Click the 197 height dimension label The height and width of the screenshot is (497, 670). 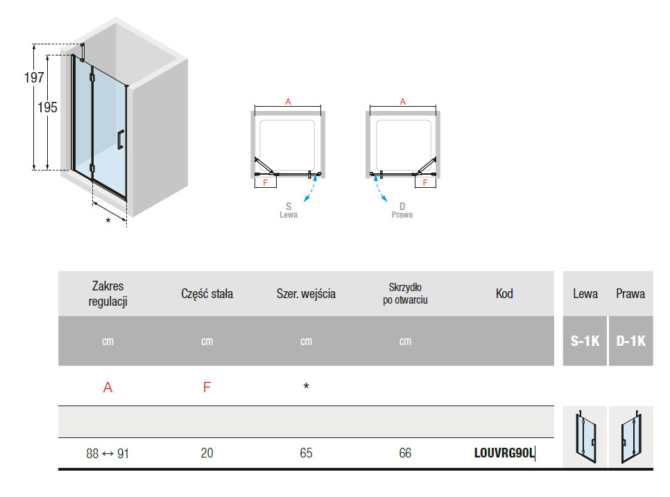click(35, 78)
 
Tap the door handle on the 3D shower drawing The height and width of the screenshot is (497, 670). click(121, 139)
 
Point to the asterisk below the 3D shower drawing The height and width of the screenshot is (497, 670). click(108, 221)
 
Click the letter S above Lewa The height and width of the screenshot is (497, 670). click(289, 206)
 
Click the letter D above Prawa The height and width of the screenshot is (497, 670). click(402, 206)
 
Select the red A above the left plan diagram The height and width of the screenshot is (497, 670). click(288, 101)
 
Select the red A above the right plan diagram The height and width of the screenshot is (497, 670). click(402, 101)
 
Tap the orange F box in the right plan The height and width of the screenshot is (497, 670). click(425, 182)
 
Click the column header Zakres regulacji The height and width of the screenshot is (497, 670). click(108, 293)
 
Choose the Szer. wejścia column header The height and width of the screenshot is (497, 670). click(306, 294)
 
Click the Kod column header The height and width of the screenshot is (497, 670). click(504, 294)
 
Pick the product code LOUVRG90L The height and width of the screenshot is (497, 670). click(504, 453)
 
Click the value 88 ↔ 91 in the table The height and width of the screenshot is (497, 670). click(108, 453)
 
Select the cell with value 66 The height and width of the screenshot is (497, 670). click(405, 453)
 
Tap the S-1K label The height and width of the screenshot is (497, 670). click(585, 341)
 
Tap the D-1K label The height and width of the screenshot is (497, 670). click(630, 341)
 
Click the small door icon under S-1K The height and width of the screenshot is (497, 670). click(585, 437)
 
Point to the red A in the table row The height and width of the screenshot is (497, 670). click(108, 387)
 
